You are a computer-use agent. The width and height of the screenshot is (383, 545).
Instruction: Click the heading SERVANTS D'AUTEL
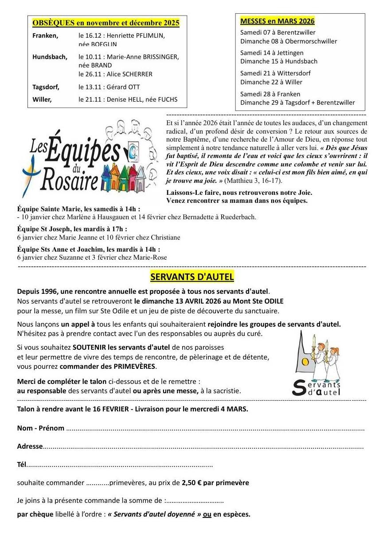coord(192,277)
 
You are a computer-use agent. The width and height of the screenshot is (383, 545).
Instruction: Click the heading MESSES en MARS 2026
coord(277,21)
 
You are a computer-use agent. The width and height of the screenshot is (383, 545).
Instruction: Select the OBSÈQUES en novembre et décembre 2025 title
coord(106,23)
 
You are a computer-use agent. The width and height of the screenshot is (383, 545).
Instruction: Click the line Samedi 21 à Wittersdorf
coord(275,73)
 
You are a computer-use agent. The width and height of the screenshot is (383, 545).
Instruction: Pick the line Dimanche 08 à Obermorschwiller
coord(289,41)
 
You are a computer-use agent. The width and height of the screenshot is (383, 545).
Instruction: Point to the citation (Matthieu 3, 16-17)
coord(253,181)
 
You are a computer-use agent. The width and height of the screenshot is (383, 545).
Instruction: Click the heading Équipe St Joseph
coord(72,229)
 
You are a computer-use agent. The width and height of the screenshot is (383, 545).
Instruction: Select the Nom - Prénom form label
coord(40,428)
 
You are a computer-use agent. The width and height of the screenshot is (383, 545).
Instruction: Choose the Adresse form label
coord(30,446)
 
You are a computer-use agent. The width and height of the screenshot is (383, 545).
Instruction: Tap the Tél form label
coord(21,465)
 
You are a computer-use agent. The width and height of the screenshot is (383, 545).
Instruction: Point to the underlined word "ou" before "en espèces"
coord(207,514)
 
